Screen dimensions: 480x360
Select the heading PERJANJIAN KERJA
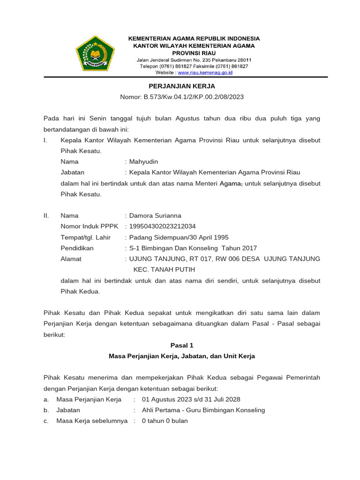click(182, 86)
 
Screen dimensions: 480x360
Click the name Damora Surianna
click(155, 216)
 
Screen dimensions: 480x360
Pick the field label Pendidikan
click(77, 248)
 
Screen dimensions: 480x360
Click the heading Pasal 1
click(182, 345)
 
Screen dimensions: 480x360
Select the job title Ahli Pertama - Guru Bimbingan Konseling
click(203, 410)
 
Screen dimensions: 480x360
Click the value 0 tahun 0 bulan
click(165, 421)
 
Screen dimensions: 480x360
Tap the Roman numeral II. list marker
click(46, 216)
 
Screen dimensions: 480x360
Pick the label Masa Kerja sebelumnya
click(92, 421)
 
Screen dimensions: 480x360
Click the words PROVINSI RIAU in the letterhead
click(194, 53)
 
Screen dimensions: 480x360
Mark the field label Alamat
click(71, 259)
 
